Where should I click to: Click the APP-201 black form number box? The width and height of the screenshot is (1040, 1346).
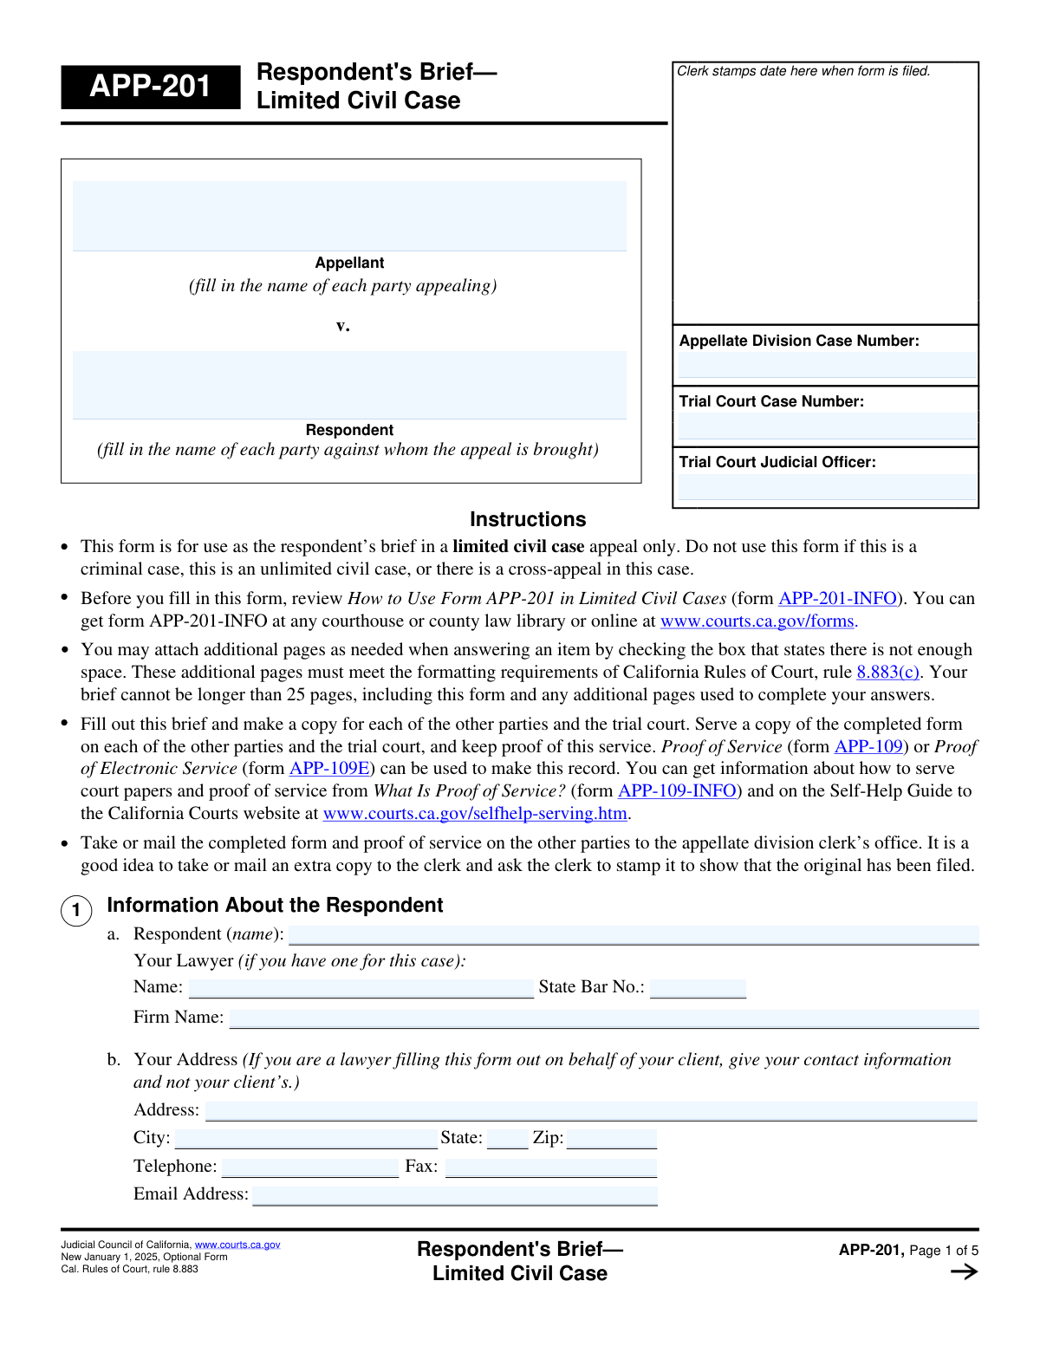click(150, 87)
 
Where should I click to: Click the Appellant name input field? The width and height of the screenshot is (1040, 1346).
click(349, 216)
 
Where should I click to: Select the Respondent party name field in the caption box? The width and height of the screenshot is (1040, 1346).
click(349, 385)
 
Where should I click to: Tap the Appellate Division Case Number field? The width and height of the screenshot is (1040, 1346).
click(826, 365)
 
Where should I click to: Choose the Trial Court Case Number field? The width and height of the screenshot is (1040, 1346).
click(826, 426)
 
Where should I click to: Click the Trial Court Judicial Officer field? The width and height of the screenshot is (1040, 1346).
click(826, 486)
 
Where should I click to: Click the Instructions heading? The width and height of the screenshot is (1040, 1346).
click(528, 519)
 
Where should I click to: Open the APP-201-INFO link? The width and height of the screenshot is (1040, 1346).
click(837, 598)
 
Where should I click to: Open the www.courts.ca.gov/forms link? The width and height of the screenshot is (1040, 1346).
click(758, 621)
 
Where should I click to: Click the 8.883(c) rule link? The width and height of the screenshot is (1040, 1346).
click(887, 672)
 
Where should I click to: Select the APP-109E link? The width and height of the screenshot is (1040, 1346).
click(329, 768)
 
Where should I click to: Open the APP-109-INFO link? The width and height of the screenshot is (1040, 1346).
click(677, 790)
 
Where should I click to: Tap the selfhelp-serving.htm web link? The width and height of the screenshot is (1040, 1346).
click(475, 813)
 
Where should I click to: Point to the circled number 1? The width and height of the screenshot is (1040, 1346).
click(76, 910)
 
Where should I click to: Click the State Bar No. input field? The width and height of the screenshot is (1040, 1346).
click(698, 988)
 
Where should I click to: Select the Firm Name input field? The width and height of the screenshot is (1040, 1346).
click(604, 1018)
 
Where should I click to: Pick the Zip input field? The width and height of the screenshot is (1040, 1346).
click(612, 1139)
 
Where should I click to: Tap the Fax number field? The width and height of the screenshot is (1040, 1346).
click(551, 1167)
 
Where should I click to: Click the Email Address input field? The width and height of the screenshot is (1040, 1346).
click(455, 1195)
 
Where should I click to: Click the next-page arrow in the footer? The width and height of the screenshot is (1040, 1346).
click(964, 1271)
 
